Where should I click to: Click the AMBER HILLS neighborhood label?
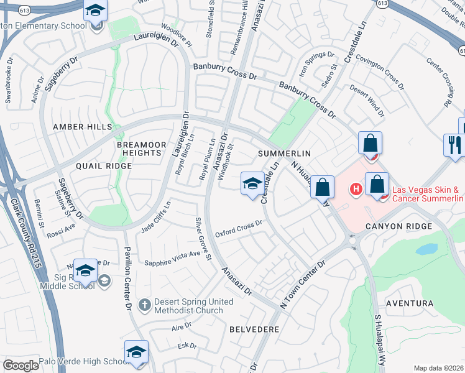(x=82, y=127)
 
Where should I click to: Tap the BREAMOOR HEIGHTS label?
(x=142, y=149)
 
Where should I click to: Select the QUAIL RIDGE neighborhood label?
(x=104, y=166)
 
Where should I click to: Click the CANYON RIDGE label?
(x=398, y=226)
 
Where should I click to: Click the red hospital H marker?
(x=357, y=188)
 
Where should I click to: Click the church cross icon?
(x=144, y=305)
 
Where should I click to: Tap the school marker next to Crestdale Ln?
(x=252, y=183)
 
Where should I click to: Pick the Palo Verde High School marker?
(x=136, y=352)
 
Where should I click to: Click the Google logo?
(x=21, y=366)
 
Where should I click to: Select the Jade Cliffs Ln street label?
(x=155, y=215)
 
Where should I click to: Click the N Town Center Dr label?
(x=303, y=284)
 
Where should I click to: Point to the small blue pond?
(x=426, y=249)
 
